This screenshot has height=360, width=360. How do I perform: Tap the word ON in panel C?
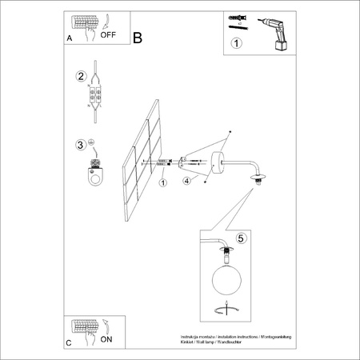click(x=106, y=339)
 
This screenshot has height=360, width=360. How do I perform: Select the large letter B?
click(x=138, y=38)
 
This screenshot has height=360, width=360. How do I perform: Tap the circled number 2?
click(x=80, y=77)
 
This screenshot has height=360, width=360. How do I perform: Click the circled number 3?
click(x=80, y=145)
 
